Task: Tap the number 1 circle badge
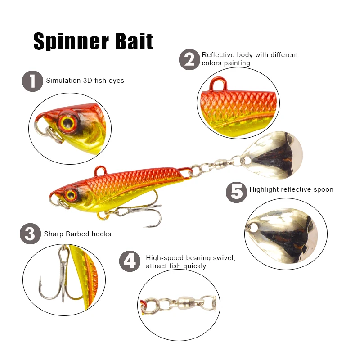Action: pos(32,81)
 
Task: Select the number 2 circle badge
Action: pos(189,59)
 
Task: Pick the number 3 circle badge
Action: pos(30,234)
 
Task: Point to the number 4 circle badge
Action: pos(130,261)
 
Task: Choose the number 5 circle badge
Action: pos(236,191)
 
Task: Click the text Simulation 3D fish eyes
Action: pos(85,81)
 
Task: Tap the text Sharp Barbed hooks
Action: pos(77,234)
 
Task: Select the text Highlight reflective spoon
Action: pos(291,189)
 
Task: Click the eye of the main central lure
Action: pos(70,194)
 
